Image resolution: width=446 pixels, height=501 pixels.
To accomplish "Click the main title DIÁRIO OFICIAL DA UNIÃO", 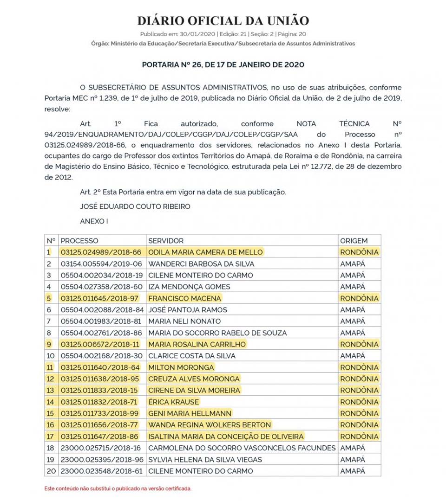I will [x=223, y=21].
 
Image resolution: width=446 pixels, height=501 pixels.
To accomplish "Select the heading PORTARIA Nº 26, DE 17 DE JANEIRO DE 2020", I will [x=223, y=64].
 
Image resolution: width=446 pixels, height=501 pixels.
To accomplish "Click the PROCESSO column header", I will [x=79, y=241].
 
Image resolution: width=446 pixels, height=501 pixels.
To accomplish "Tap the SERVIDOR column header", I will [x=166, y=241].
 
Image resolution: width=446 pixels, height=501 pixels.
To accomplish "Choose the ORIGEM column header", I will [x=354, y=241].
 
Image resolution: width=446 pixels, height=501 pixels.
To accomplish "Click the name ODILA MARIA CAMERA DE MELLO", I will [x=205, y=252].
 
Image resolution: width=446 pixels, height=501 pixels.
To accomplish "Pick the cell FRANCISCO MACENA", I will [x=184, y=298].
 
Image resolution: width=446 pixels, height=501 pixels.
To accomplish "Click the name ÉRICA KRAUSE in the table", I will [x=173, y=402].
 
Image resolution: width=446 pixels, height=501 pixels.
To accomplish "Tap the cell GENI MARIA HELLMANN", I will [x=190, y=413].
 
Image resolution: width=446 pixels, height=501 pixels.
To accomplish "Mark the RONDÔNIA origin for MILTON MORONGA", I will [x=359, y=367].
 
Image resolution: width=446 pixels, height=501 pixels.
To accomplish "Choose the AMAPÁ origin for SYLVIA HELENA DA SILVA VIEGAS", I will [x=353, y=460].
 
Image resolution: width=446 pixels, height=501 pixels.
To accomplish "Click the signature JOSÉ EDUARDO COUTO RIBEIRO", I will [x=135, y=206].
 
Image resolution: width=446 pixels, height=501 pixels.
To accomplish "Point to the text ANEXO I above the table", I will [x=94, y=221].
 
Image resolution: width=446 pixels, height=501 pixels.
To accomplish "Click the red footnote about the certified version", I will [x=118, y=488].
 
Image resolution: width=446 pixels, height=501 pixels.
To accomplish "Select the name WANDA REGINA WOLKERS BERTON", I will [x=210, y=425].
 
